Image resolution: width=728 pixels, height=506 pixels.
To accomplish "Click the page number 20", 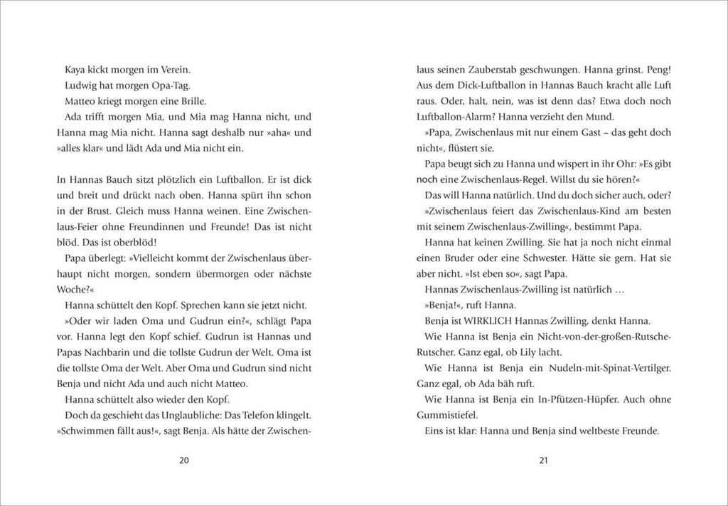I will [x=184, y=460].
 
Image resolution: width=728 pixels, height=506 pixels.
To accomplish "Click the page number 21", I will [x=544, y=460].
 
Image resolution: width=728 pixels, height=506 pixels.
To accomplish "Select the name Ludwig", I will [x=82, y=85].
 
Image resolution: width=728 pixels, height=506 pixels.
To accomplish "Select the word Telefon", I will [x=257, y=414].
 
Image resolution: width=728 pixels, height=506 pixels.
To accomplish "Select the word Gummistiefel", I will [x=449, y=414].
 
